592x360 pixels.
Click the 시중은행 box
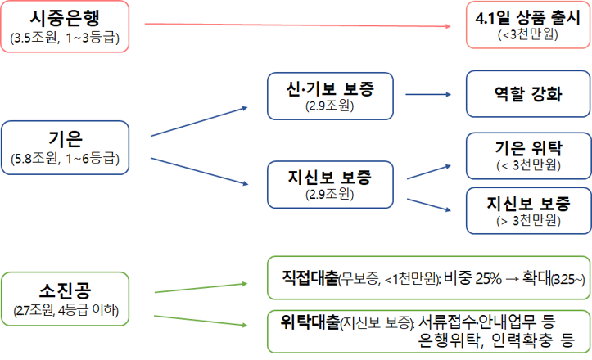pos(66,26)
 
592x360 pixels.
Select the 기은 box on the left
pos(66,148)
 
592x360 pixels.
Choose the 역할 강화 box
pos(528,95)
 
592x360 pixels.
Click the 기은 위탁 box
pos(528,156)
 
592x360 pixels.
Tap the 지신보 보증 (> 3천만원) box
pos(528,210)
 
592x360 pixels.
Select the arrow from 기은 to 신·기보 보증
pos(201,121)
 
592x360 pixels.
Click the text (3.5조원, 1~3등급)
pos(66,38)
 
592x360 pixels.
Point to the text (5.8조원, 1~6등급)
pos(66,160)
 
